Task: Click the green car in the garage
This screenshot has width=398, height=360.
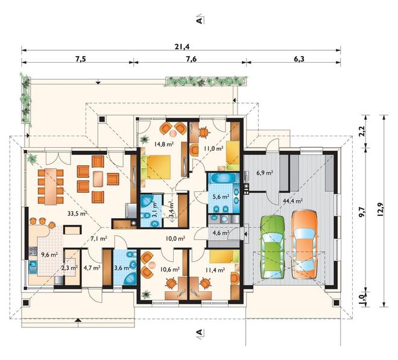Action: [x=273, y=247]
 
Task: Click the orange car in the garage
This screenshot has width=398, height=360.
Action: [x=304, y=244]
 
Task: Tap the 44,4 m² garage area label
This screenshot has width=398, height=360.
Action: [x=292, y=201]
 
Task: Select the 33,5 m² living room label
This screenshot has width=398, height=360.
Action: [x=77, y=213]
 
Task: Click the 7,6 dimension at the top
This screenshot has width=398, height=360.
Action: [x=191, y=58]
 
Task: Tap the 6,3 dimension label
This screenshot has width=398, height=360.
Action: [x=299, y=58]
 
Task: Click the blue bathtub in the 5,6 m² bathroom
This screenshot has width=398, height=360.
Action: [x=223, y=178]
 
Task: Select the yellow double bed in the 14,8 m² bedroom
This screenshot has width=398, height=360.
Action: [x=156, y=167]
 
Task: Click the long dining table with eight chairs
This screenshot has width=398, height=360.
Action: [x=51, y=186]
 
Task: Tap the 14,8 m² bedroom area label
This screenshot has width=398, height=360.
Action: [x=164, y=144]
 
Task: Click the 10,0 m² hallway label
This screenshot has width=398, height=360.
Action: [x=175, y=238]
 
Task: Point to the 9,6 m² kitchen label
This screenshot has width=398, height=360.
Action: [x=49, y=254]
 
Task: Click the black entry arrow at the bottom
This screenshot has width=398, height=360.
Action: [x=78, y=320]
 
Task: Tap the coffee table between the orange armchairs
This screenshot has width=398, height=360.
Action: [x=98, y=179]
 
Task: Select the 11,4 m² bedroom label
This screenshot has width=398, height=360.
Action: [x=215, y=270]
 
